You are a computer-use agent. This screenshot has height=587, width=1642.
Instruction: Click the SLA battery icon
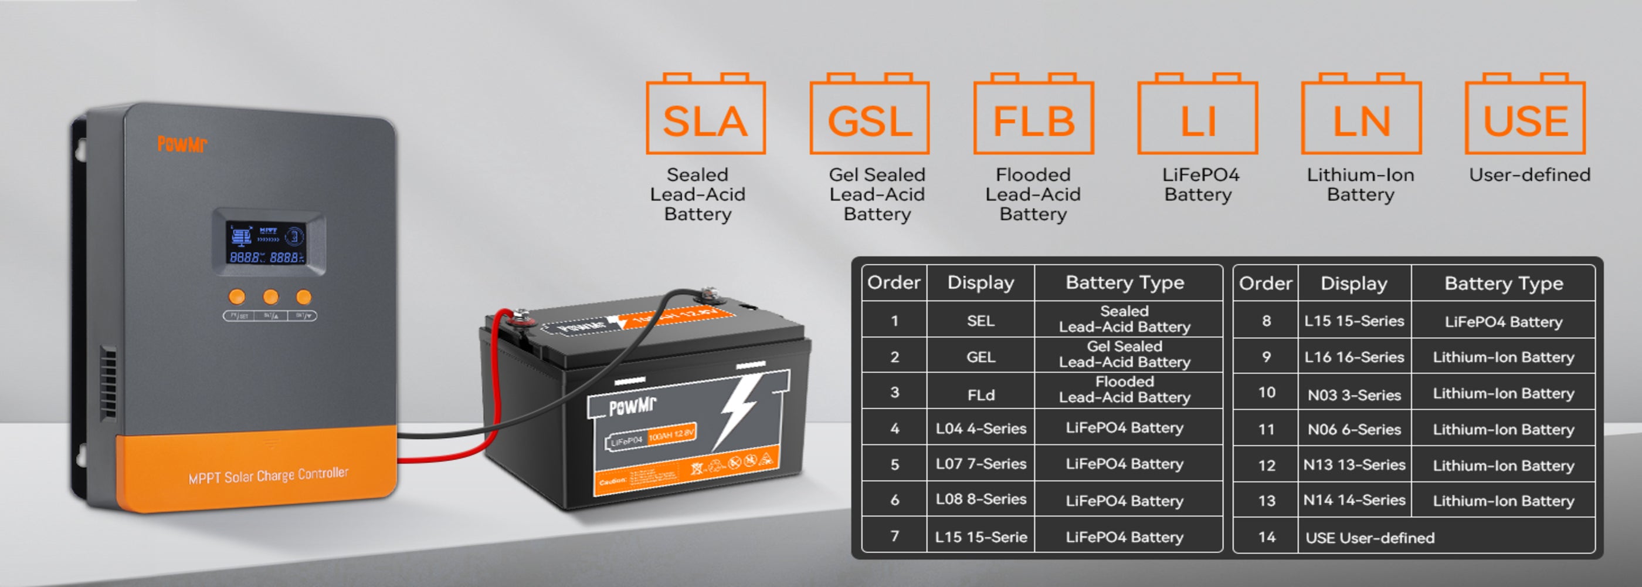[705, 115]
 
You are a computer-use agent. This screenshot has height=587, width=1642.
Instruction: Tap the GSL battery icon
[870, 115]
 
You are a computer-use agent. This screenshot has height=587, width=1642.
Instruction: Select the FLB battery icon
[1033, 115]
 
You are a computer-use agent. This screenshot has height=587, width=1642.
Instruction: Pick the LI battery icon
[1197, 115]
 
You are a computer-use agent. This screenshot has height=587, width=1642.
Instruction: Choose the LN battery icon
[1361, 115]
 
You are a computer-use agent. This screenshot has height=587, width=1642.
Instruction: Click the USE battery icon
[1525, 115]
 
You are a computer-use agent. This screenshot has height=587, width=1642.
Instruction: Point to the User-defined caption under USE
[1529, 175]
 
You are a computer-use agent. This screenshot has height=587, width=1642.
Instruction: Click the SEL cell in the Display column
[981, 321]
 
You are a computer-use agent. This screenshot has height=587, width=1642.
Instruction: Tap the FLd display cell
[981, 395]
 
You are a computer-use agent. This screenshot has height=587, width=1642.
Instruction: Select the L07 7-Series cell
[981, 464]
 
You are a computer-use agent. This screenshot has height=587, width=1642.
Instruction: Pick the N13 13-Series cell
[1354, 465]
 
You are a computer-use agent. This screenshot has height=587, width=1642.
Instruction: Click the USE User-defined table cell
[1370, 538]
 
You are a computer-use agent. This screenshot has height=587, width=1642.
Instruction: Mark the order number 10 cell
[1266, 392]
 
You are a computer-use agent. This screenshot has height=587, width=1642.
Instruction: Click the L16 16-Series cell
[1354, 357]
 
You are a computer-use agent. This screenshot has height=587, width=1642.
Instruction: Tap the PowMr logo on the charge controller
[182, 144]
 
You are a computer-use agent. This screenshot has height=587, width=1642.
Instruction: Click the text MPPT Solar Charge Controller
[269, 475]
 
